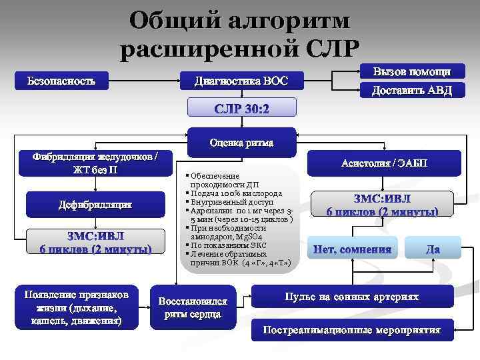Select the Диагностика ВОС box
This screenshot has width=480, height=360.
tap(241, 81)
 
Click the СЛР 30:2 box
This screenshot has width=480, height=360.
tap(241, 108)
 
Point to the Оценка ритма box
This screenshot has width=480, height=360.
tap(241, 143)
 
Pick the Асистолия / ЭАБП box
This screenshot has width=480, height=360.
tap(385, 163)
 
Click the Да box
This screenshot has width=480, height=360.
tap(433, 249)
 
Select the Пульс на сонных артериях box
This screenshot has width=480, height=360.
tap(352, 297)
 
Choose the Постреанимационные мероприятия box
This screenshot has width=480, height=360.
tap(352, 330)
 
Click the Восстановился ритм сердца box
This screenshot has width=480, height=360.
tap(193, 307)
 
